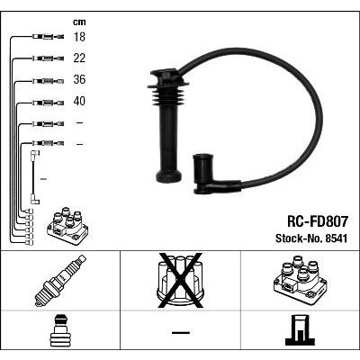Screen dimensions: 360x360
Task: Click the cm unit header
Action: click(79, 22)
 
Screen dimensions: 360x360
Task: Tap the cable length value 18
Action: click(79, 37)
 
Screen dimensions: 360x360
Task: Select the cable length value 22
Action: click(79, 58)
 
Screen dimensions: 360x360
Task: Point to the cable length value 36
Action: click(79, 79)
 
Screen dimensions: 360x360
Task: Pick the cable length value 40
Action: click(79, 101)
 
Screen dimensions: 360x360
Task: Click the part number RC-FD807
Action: click(318, 221)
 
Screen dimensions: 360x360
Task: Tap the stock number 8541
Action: click(335, 238)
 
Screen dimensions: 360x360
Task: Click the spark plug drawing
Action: click(60, 281)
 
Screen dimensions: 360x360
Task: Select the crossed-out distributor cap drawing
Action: click(180, 281)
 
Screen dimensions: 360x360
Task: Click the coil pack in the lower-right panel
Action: click(300, 281)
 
